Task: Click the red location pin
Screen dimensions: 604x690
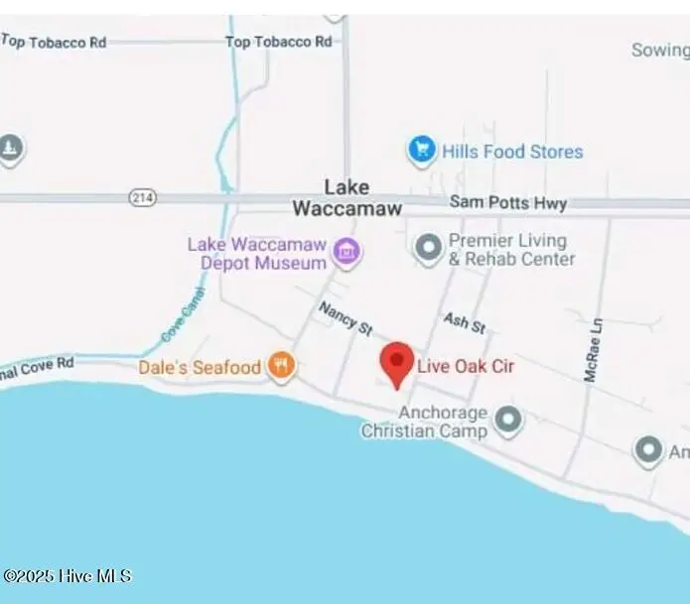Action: point(397,363)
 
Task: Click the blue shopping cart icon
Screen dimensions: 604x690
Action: point(422,152)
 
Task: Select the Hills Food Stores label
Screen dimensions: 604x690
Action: point(512,152)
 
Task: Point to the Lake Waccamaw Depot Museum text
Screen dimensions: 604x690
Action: point(262,253)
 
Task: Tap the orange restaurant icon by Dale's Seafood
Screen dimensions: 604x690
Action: point(282,367)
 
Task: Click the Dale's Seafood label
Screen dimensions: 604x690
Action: point(200,368)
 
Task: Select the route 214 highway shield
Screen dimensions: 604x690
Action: point(143,198)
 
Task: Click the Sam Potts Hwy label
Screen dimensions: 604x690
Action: point(508,203)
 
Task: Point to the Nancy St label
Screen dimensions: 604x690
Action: point(345,318)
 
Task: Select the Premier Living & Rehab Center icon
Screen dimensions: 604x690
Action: point(429,248)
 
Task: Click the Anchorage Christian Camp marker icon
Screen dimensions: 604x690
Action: point(508,421)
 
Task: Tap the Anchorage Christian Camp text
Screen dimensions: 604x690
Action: point(425,422)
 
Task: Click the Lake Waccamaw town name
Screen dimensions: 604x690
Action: point(346,197)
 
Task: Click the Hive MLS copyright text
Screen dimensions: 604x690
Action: point(67,576)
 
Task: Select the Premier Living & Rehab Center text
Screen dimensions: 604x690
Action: point(510,249)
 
